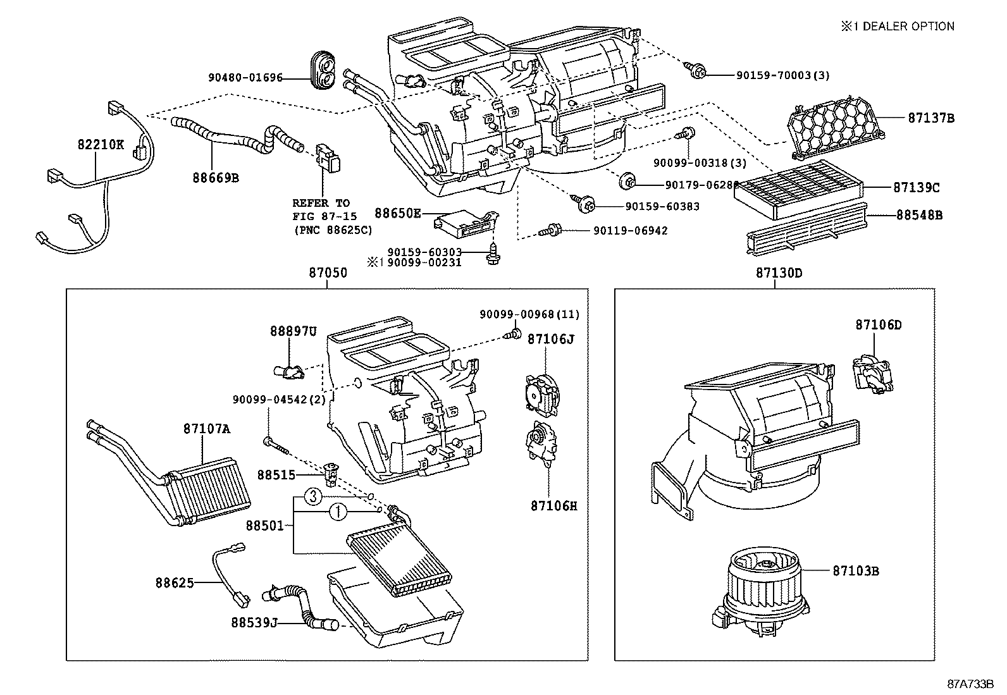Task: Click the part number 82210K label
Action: click(x=101, y=144)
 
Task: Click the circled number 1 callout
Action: click(x=337, y=512)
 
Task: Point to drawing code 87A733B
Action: click(x=970, y=684)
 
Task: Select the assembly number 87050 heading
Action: click(x=328, y=273)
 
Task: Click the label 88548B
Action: click(x=918, y=215)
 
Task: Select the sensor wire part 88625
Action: click(x=230, y=572)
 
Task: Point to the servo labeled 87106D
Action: click(x=872, y=374)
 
